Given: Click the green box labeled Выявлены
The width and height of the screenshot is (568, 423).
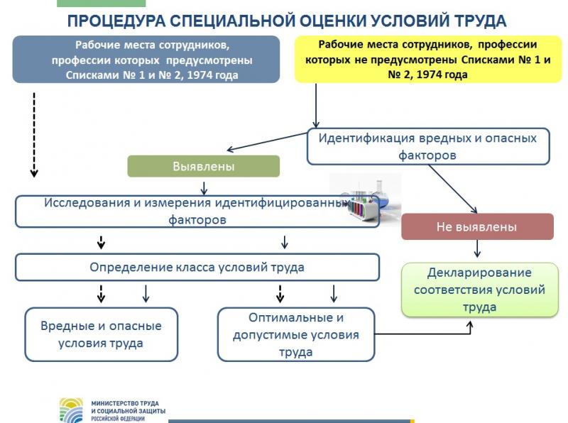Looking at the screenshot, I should pyautogui.click(x=203, y=166).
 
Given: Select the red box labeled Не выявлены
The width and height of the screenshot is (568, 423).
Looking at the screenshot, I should pyautogui.click(x=476, y=227).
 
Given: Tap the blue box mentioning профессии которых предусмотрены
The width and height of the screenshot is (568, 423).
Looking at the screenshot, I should pyautogui.click(x=146, y=60).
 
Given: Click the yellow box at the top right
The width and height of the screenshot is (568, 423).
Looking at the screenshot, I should pyautogui.click(x=427, y=60).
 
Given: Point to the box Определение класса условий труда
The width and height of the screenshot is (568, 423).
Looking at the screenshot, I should pyautogui.click(x=197, y=268).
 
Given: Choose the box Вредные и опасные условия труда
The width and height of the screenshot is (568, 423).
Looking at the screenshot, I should pyautogui.click(x=101, y=334).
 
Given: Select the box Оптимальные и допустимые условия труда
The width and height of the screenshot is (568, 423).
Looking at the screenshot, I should pyautogui.click(x=295, y=334).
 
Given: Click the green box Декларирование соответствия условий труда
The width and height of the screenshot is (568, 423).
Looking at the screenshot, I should pyautogui.click(x=479, y=290).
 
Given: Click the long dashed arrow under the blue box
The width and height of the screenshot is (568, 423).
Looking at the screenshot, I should pyautogui.click(x=33, y=135).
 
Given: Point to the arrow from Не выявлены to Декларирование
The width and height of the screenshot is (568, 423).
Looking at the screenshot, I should pyautogui.click(x=477, y=248).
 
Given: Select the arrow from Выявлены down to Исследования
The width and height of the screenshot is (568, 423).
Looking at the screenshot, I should pyautogui.click(x=204, y=187).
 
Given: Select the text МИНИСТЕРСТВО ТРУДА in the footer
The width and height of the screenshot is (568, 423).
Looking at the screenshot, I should pyautogui.click(x=119, y=403).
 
